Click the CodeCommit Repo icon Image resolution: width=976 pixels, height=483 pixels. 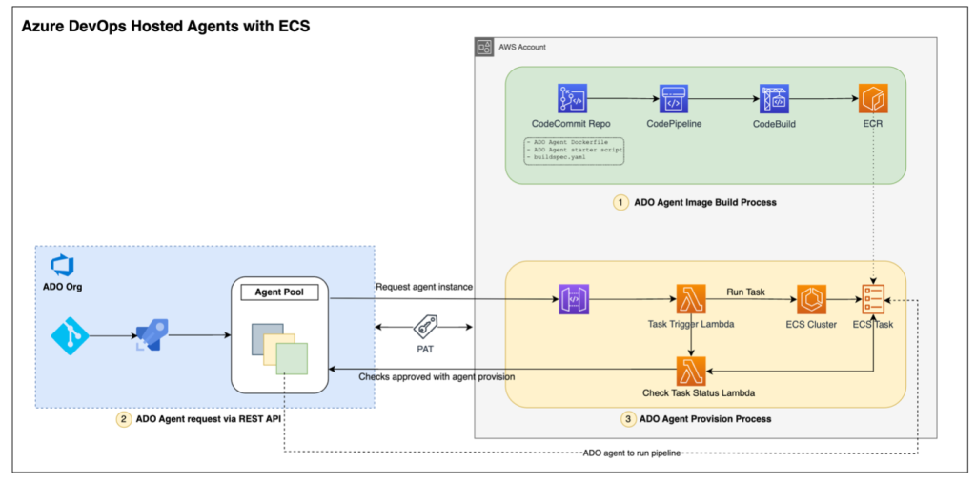[572, 99]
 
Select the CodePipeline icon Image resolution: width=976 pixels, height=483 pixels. [674, 99]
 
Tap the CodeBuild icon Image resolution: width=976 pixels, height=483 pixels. [774, 99]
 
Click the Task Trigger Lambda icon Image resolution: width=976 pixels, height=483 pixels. [690, 299]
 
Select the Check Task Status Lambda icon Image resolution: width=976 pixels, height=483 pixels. [690, 370]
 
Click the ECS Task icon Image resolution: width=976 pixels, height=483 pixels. [873, 299]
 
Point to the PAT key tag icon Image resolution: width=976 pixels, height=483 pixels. [425, 328]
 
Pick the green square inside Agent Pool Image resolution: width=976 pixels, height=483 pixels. [292, 360]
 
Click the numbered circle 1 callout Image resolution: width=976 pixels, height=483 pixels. [621, 202]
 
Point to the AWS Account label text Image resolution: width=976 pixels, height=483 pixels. [520, 47]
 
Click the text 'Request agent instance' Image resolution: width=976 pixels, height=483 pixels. [423, 286]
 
